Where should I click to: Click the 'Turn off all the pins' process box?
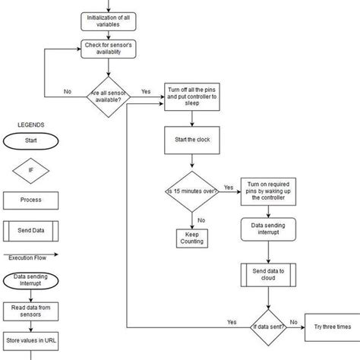click(191, 93)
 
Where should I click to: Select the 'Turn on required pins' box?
click(266, 190)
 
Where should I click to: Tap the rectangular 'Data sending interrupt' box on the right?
click(266, 229)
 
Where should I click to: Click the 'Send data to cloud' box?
click(266, 275)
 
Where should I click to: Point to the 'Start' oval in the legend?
click(31, 141)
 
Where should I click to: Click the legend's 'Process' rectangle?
click(31, 201)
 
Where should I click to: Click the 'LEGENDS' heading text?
click(31, 125)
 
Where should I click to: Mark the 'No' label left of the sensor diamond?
click(68, 91)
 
